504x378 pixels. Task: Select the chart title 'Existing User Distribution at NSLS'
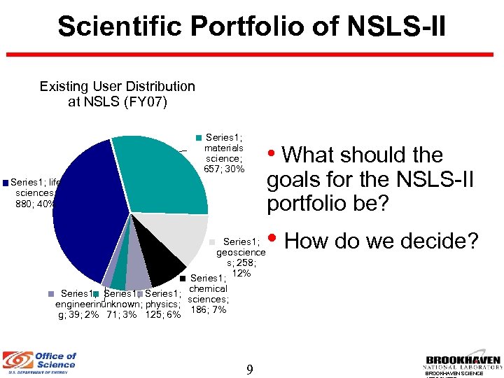117,94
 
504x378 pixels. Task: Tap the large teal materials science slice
164,175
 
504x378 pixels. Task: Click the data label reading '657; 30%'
224,169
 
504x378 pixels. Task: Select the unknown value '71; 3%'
121,315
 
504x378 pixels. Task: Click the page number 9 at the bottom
249,369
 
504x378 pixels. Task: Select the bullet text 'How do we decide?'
381,241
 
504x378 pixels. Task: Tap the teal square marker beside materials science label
198,136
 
